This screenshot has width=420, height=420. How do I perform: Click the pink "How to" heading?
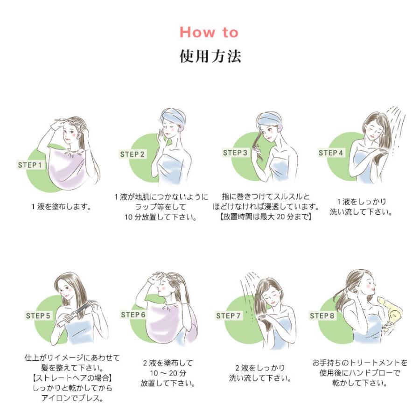(209, 32)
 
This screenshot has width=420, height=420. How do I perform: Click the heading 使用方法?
(210, 56)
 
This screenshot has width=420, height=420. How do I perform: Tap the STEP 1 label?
(30, 165)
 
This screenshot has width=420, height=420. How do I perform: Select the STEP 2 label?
(133, 154)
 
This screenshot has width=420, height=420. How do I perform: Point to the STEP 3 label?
(235, 153)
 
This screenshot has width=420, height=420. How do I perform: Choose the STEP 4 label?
(331, 153)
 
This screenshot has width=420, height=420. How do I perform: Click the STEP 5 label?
(38, 316)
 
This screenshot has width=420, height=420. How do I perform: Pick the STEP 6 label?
(133, 315)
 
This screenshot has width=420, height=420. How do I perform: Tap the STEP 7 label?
(229, 316)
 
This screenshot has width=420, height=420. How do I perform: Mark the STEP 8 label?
(322, 316)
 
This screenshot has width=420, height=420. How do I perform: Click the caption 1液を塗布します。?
(61, 207)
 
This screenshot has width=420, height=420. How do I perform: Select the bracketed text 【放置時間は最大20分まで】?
(265, 217)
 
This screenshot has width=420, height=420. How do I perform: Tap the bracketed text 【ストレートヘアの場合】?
(72, 378)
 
